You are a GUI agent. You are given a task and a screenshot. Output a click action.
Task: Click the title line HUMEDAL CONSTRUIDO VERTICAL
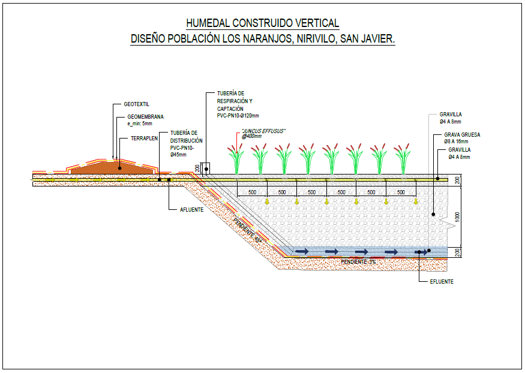click(x=262, y=23)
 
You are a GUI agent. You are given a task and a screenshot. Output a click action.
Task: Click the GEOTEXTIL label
click(x=136, y=104)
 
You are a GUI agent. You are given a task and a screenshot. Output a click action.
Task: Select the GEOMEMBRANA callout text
click(x=145, y=117)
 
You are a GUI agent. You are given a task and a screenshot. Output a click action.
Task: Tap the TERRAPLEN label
click(x=144, y=138)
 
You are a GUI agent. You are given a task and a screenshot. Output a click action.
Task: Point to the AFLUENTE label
click(x=193, y=210)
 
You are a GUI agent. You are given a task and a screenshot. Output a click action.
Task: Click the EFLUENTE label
click(x=442, y=281)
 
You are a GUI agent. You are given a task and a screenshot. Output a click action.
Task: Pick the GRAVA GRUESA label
click(x=462, y=135)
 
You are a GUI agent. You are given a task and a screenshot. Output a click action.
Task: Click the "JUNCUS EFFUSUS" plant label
click(x=263, y=131)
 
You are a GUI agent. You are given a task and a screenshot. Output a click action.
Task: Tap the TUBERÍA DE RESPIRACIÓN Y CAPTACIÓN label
click(x=238, y=104)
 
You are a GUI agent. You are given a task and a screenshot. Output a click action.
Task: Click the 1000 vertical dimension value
click(x=457, y=216)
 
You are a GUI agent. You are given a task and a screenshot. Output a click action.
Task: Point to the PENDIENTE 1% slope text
click(x=358, y=262)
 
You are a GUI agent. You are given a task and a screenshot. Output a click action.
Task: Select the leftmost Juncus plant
click(x=236, y=158)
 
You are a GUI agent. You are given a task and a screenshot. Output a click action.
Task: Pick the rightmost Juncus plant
click(x=402, y=158)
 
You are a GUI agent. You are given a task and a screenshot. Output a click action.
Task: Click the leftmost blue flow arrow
click(x=301, y=251)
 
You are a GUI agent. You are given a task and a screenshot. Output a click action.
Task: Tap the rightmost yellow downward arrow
click(x=415, y=201)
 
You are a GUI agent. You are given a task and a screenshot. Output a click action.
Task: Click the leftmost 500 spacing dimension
click(x=252, y=192)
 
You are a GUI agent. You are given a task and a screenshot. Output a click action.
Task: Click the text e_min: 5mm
click(x=140, y=124)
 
